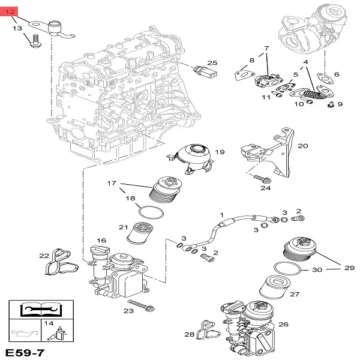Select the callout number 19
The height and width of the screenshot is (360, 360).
(x=219, y=152)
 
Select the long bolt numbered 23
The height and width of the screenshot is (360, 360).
(x=142, y=305)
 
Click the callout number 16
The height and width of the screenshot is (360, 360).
(x=101, y=241)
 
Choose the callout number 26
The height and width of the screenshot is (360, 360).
(x=283, y=325)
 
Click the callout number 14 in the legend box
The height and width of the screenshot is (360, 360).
(x=49, y=323)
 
